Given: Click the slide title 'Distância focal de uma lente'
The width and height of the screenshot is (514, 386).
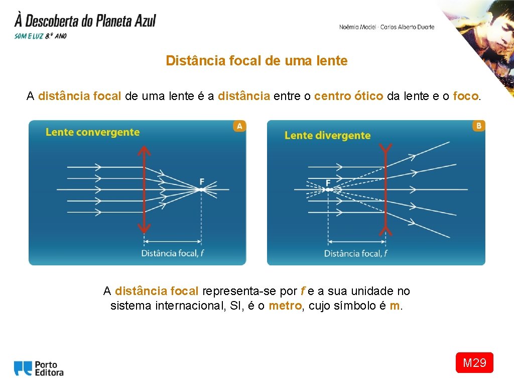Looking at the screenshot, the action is point(256,61).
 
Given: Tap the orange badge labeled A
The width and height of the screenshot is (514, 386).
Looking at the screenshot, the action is point(239,126).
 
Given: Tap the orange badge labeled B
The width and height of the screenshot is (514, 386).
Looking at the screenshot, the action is point(478,126).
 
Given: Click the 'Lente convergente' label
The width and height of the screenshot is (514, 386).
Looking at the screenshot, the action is point(92,132).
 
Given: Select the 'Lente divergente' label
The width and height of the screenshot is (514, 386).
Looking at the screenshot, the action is point(327,135).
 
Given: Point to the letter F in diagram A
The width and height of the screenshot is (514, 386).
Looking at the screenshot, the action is point(202,181).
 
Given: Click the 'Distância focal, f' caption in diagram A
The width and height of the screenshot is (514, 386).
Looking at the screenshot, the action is point(172,253).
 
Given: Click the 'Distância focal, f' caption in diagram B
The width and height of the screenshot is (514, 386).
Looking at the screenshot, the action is point(355,253).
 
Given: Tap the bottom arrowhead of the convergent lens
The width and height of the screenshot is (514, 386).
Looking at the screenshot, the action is point(145,229).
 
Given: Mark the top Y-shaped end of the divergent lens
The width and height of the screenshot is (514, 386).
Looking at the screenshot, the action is point(385,149).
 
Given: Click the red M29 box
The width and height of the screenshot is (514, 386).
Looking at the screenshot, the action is point(474,362).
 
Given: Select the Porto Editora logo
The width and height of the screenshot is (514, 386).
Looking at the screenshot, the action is point(39,368).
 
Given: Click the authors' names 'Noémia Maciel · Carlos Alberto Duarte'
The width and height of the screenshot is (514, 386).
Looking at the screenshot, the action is point(387,27).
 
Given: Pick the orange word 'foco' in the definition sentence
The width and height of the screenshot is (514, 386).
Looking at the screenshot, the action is point(466,96).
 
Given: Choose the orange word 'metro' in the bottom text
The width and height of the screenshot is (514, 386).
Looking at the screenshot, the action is point(285,306).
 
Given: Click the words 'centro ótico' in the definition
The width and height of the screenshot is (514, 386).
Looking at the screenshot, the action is point(349,96).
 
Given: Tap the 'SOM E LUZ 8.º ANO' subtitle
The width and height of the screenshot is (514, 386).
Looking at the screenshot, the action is point(41,36).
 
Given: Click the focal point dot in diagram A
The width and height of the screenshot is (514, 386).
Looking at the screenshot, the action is point(201,189).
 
